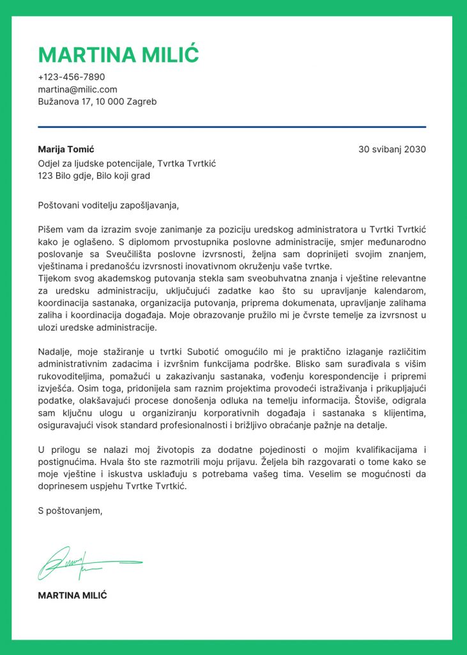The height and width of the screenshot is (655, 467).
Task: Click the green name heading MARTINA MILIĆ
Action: (x=119, y=54)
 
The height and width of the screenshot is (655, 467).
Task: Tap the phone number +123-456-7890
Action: (x=72, y=77)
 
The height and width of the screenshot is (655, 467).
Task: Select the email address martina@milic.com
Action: (x=77, y=90)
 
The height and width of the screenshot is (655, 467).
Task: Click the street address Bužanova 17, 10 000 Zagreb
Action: (x=97, y=102)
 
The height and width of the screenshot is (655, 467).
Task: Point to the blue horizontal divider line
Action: (x=232, y=127)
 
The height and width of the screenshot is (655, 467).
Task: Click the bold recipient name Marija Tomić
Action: (x=66, y=150)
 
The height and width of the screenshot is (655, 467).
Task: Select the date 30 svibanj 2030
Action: (x=392, y=150)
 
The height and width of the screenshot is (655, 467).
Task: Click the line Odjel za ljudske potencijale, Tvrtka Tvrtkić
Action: (x=127, y=164)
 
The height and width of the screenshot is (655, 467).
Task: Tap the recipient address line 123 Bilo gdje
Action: (x=94, y=176)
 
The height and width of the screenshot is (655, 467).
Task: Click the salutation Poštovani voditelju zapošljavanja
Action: (x=109, y=205)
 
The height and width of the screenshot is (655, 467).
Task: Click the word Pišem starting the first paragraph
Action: (x=51, y=230)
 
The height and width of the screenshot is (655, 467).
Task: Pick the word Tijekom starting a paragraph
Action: (x=56, y=279)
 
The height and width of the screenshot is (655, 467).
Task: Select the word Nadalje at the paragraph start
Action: (x=56, y=352)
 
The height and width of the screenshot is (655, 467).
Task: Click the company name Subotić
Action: (x=203, y=352)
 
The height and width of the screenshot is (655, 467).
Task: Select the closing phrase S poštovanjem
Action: (x=70, y=510)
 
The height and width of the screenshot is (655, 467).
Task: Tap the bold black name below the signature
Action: (x=72, y=596)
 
